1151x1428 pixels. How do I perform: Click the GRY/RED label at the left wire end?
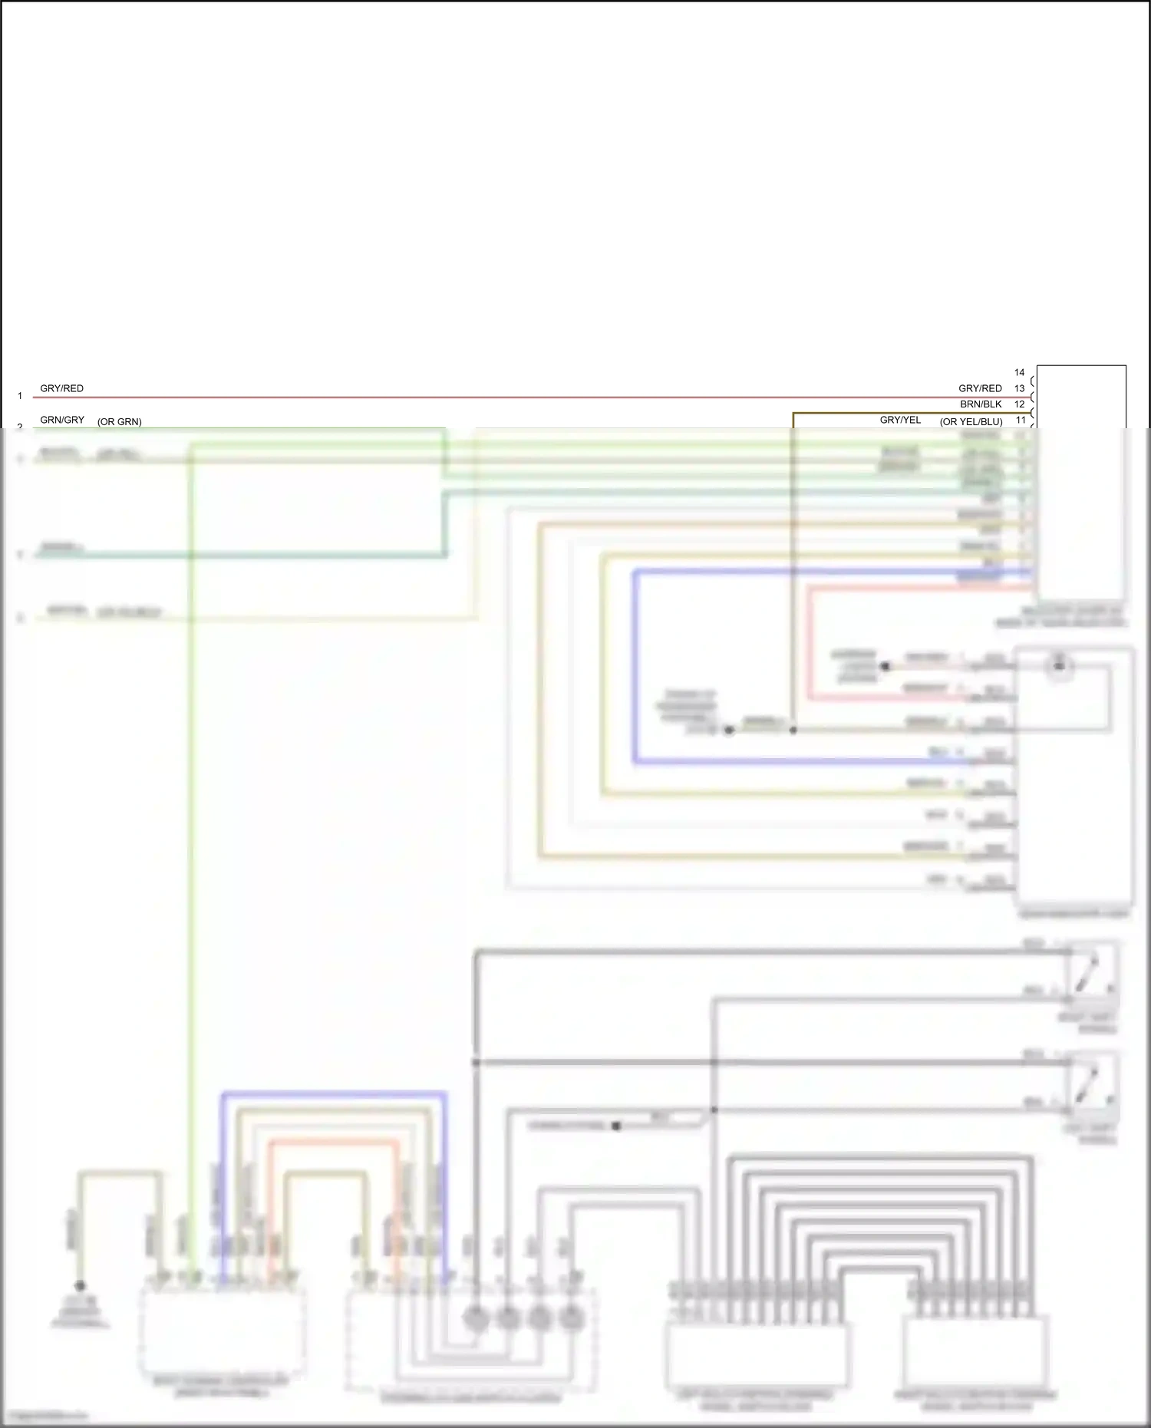pyautogui.click(x=61, y=388)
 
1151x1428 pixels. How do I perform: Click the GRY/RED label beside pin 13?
pyautogui.click(x=980, y=388)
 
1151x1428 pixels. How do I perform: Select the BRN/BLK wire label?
pyautogui.click(x=981, y=404)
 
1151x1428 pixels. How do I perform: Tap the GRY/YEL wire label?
pyautogui.click(x=900, y=420)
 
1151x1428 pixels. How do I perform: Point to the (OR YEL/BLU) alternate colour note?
pyautogui.click(x=971, y=422)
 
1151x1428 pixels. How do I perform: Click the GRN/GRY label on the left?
pyautogui.click(x=62, y=420)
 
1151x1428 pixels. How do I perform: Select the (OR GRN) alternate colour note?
pyautogui.click(x=119, y=422)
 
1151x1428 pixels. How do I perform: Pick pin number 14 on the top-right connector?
pyautogui.click(x=1019, y=372)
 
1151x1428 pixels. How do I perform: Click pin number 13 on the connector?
pyautogui.click(x=1019, y=388)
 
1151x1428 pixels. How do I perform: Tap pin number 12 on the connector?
pyautogui.click(x=1019, y=404)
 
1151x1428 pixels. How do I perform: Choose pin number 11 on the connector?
pyautogui.click(x=1021, y=420)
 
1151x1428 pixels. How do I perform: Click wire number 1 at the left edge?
pyautogui.click(x=20, y=396)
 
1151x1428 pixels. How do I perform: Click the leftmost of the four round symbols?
pyautogui.click(x=476, y=1319)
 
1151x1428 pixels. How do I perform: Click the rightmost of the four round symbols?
pyautogui.click(x=570, y=1319)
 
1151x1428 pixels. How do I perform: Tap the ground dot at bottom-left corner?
pyautogui.click(x=80, y=1285)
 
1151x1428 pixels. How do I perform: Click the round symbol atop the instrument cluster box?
pyautogui.click(x=1060, y=666)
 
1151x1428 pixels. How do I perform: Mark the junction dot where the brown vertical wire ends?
pyautogui.click(x=793, y=730)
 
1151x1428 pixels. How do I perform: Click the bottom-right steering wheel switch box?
pyautogui.click(x=975, y=1350)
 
